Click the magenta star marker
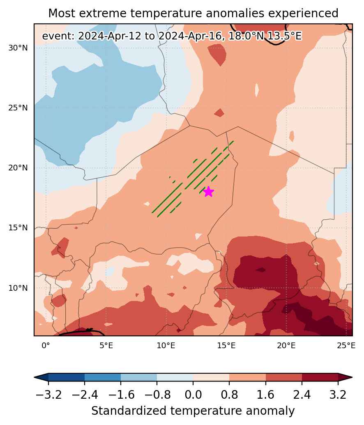[208, 192]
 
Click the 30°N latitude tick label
[18, 48]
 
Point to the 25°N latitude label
[18, 108]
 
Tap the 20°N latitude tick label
[18, 168]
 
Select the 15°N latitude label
[18, 227]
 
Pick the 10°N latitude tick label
[18, 288]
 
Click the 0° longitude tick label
[46, 346]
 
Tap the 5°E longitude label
[106, 346]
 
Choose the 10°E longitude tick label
[166, 346]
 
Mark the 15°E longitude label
[226, 346]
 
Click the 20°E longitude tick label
[286, 346]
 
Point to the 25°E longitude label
[346, 346]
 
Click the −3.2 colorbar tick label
[48, 395]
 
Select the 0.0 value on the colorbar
[193, 395]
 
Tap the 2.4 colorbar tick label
[302, 395]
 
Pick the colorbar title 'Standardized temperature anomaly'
[193, 411]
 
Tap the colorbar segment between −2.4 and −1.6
[103, 377]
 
